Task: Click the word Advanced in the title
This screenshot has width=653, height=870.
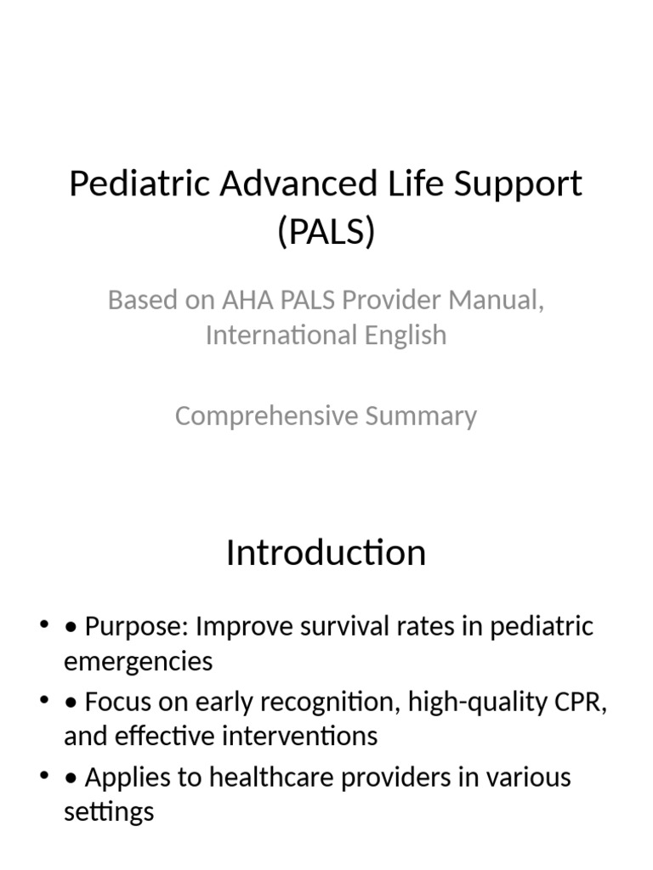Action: (298, 184)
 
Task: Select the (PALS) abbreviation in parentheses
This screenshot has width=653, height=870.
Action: (326, 231)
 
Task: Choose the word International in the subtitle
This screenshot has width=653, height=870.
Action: (281, 335)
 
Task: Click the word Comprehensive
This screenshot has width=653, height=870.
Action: (266, 416)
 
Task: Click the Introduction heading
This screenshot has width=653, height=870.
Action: (326, 552)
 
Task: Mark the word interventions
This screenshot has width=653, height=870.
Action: (300, 737)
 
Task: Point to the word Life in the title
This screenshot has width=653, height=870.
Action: (415, 184)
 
